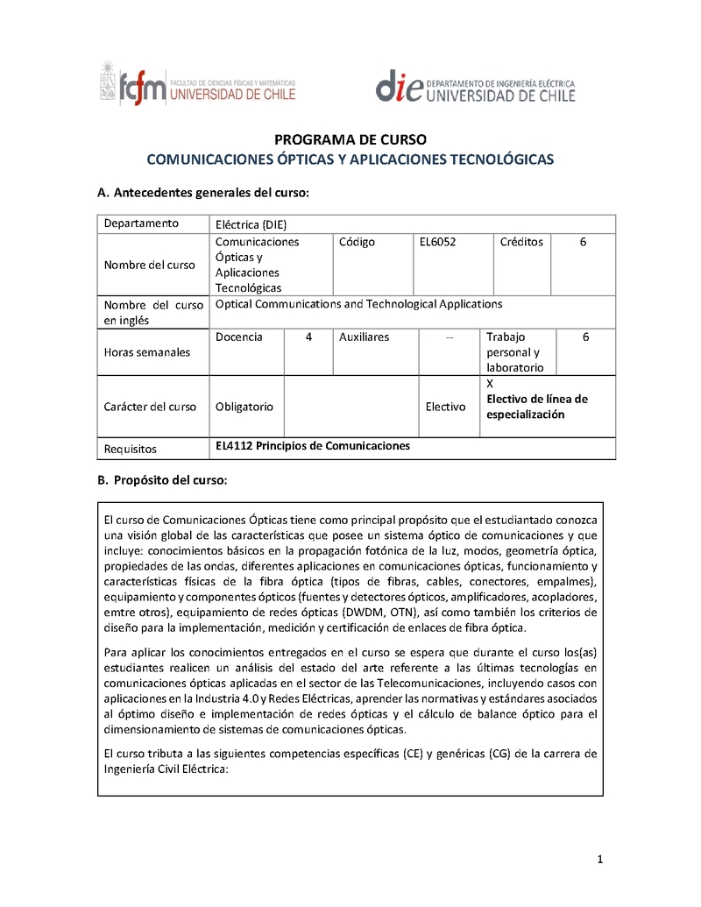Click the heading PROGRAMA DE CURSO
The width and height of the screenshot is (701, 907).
point(350,139)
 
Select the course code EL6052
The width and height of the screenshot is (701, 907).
point(438,242)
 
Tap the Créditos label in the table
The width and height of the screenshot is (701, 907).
point(521,242)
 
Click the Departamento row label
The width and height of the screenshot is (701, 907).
point(141,223)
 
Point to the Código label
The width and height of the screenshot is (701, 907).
point(357,242)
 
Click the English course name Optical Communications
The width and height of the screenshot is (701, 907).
point(358,304)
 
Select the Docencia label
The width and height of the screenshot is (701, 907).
point(238,337)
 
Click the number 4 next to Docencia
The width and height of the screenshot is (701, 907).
point(308,337)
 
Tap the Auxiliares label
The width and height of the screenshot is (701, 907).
point(364,337)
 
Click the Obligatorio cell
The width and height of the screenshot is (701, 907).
point(244,407)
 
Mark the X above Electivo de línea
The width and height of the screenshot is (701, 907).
point(490,384)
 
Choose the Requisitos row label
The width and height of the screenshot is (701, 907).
point(130,449)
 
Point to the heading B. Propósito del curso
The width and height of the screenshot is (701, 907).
point(162,480)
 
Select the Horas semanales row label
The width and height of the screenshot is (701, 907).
point(146,352)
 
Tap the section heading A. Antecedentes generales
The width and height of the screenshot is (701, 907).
point(202,193)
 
